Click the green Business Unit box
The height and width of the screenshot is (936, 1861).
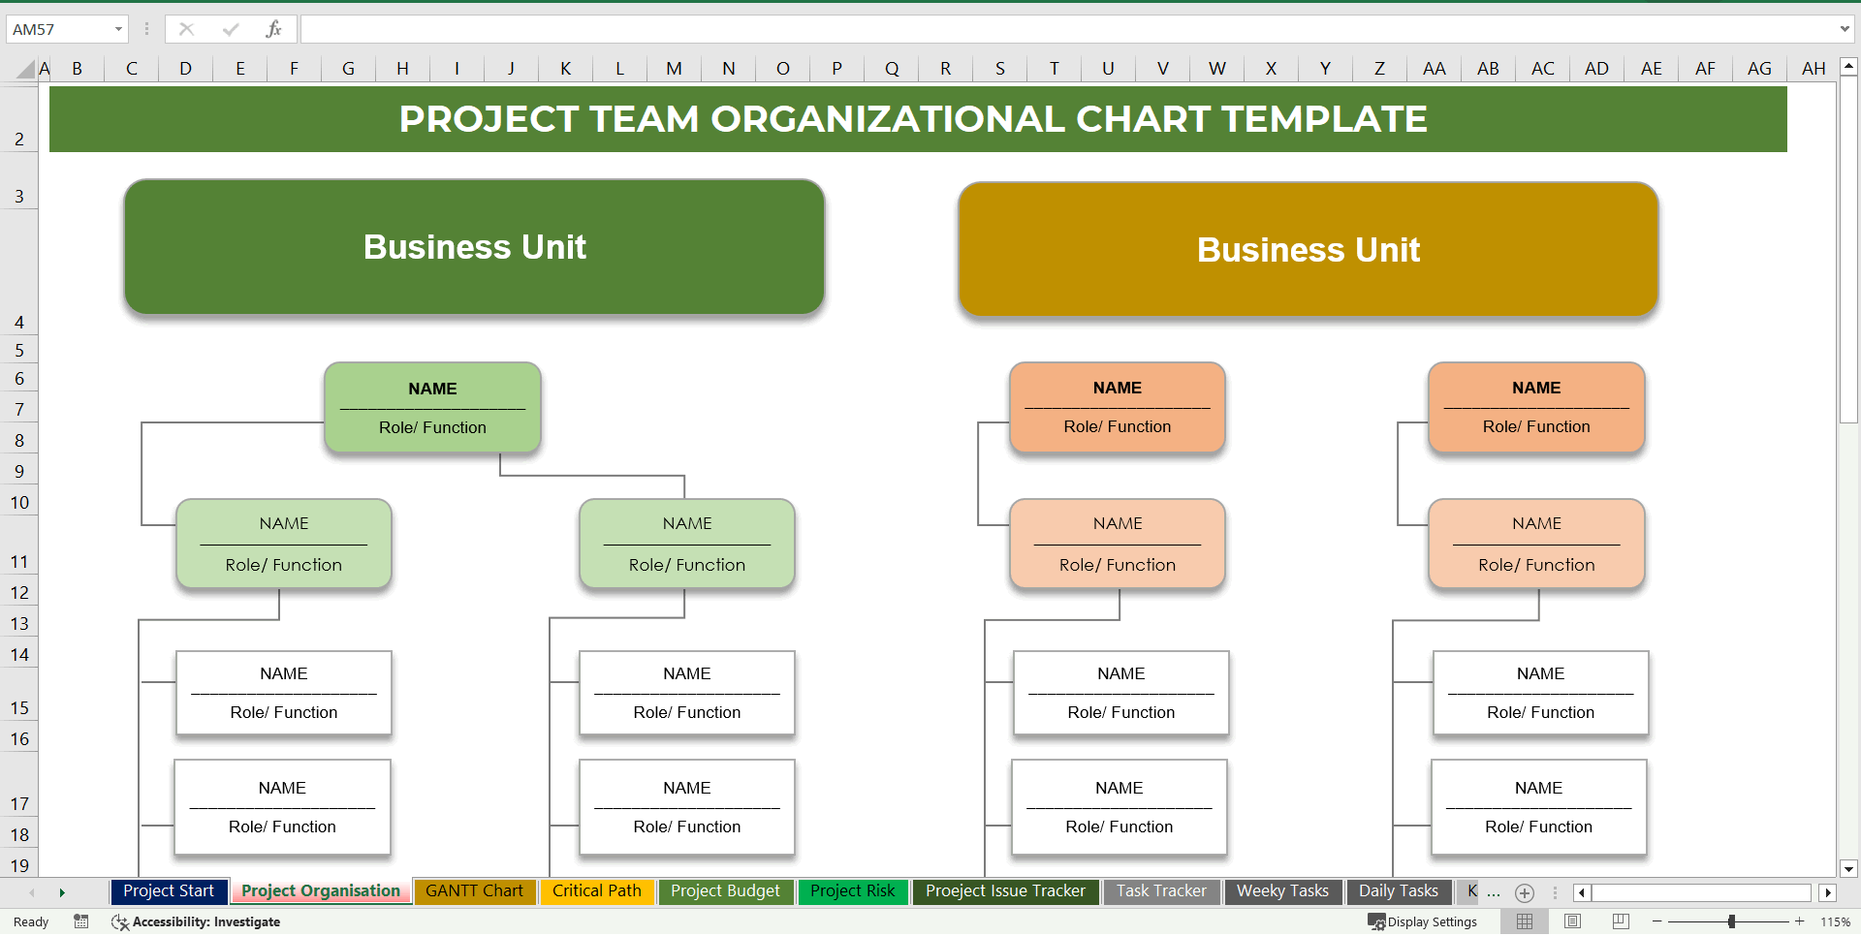pos(474,247)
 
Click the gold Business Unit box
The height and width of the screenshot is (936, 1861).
pos(1308,250)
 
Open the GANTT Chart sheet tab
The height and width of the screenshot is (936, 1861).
pos(474,890)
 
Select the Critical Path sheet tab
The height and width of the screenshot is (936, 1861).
pos(596,890)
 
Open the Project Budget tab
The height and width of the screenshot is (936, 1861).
pos(725,890)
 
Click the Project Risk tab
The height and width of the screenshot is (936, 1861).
pos(852,890)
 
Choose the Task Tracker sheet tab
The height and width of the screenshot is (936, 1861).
pos(1160,890)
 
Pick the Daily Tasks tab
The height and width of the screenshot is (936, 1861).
pos(1398,890)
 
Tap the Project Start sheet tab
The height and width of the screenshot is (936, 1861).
pos(169,890)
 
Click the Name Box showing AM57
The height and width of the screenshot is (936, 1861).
pos(58,29)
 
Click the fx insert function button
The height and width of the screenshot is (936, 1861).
pos(273,29)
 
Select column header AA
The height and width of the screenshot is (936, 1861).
pos(1434,68)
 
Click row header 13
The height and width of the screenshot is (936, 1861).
pos(19,623)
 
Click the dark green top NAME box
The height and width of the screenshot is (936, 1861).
pos(432,407)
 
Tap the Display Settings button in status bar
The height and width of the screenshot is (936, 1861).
pos(1422,921)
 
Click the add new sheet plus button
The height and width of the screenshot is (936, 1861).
pos(1524,892)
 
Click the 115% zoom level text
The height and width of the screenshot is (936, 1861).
pos(1835,921)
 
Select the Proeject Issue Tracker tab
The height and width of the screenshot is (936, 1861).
pos(1005,890)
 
